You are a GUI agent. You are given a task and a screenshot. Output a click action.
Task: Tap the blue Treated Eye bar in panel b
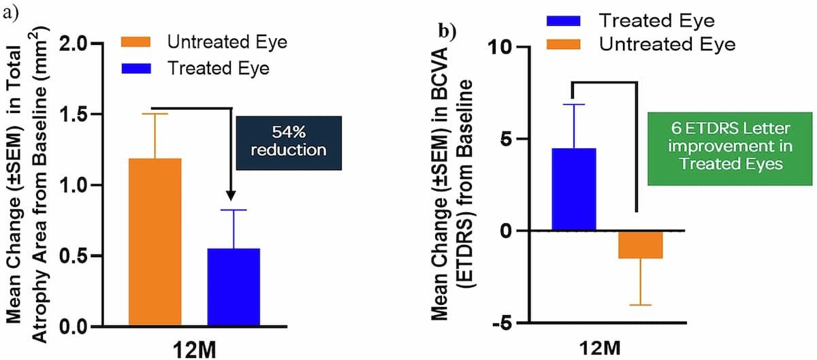tap(573, 189)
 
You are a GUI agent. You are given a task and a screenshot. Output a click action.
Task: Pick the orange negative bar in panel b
tap(641, 244)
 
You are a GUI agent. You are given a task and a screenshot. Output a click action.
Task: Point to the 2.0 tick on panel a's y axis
tap(89, 44)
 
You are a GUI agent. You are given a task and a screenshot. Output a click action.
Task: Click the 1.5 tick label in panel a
tap(89, 114)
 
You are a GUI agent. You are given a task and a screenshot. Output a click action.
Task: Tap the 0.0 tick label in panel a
tap(89, 327)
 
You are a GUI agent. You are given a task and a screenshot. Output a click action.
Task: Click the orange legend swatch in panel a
tap(139, 42)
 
